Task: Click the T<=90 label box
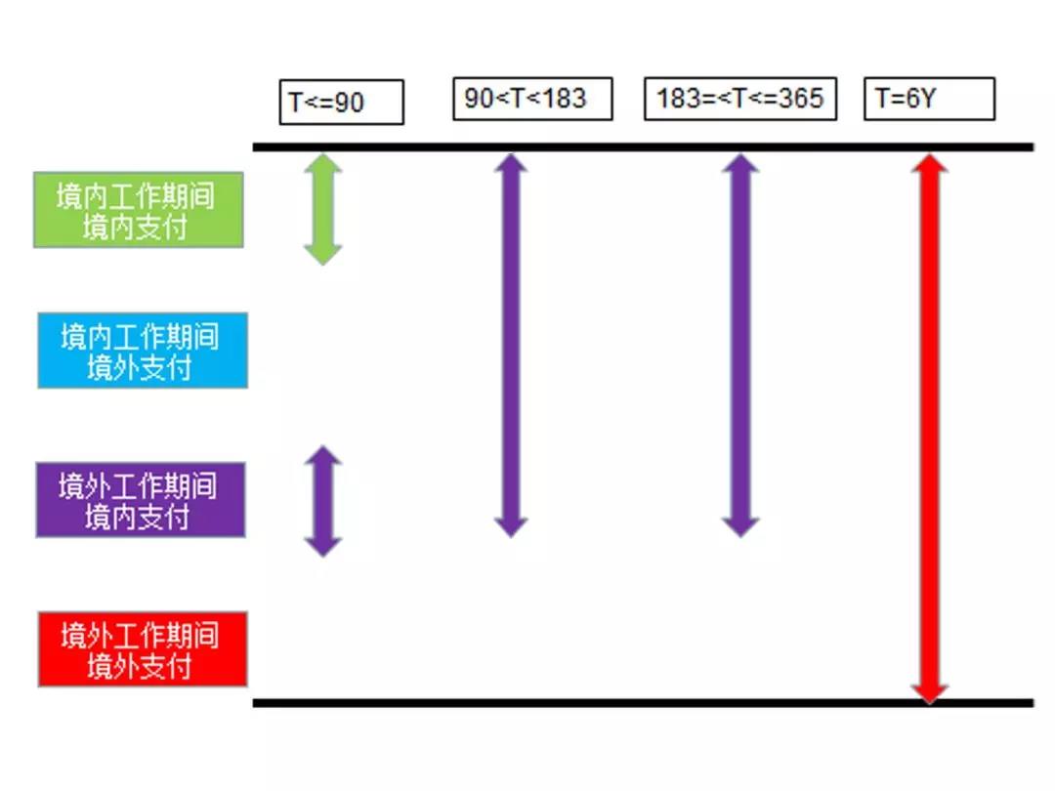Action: click(341, 102)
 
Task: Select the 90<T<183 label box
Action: click(532, 99)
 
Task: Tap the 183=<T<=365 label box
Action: click(739, 99)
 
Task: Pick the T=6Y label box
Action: click(929, 99)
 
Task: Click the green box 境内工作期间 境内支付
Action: click(138, 210)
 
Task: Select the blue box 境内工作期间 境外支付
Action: click(143, 351)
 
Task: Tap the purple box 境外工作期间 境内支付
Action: click(141, 500)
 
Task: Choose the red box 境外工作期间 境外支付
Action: click(143, 649)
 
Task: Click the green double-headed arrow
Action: click(322, 209)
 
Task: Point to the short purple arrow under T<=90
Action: click(322, 501)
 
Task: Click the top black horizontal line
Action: click(643, 147)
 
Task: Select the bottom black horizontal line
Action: click(643, 702)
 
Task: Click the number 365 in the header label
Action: click(802, 99)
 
